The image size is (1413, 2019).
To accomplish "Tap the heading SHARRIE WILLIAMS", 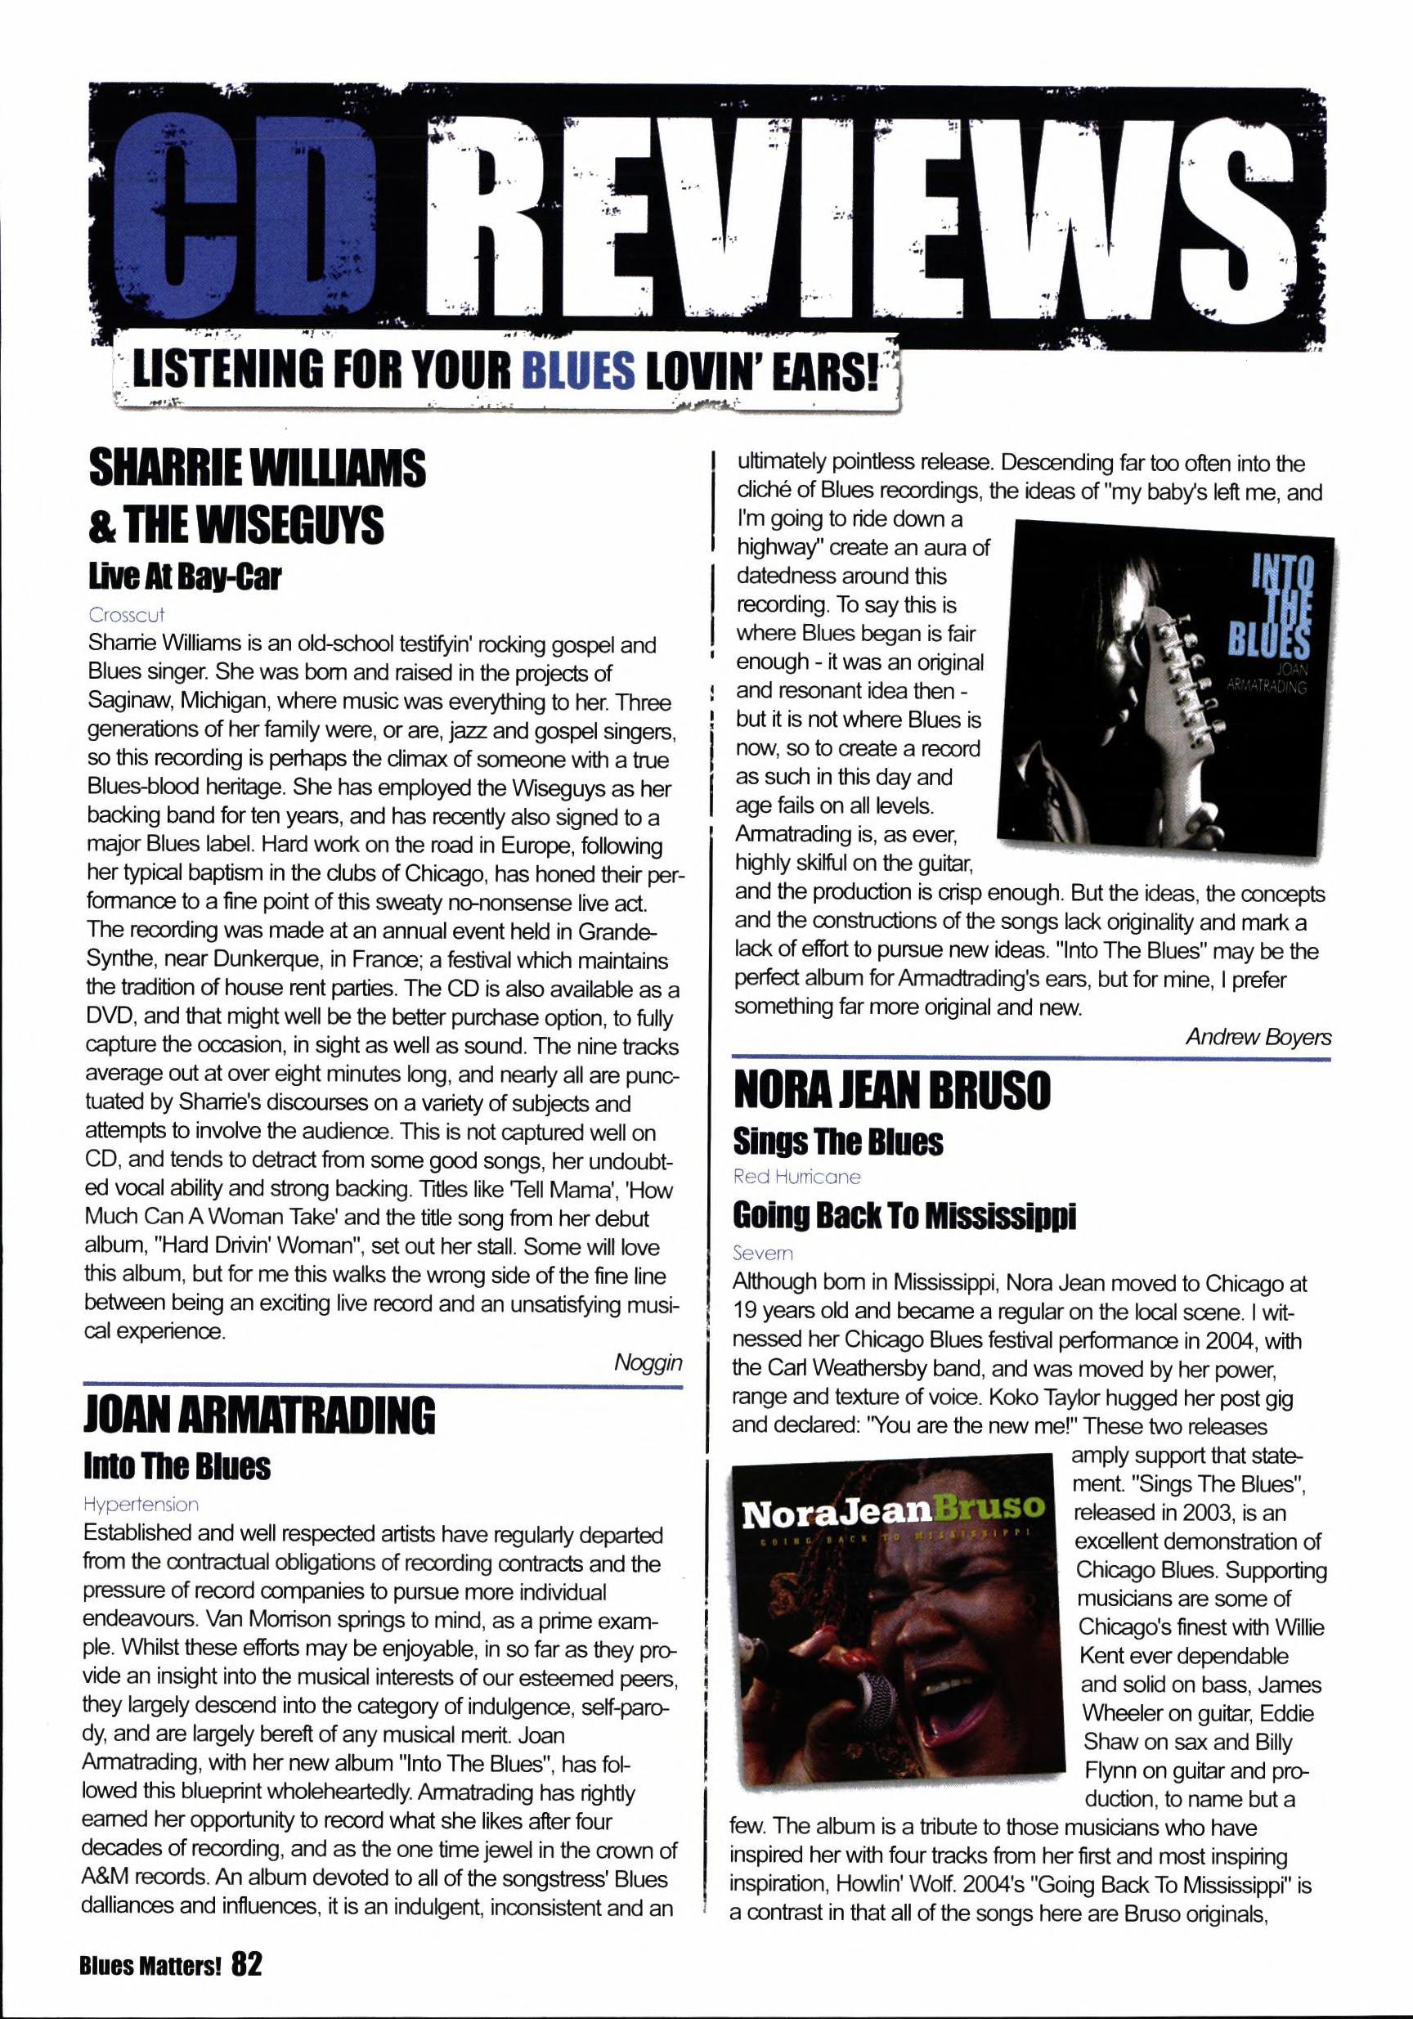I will [x=258, y=468].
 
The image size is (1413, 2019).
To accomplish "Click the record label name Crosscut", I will [x=127, y=615].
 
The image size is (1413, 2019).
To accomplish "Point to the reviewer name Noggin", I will [x=648, y=1362].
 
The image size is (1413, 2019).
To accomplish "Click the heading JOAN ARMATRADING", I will [x=258, y=1416].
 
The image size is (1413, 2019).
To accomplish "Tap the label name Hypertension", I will [x=141, y=1505].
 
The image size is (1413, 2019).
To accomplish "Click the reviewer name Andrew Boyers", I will [x=1258, y=1037].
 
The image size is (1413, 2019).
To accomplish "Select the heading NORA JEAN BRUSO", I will [x=891, y=1093].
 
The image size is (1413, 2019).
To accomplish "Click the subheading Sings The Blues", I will [x=838, y=1142].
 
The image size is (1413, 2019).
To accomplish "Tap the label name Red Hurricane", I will [x=796, y=1177].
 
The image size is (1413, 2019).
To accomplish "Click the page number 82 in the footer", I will [x=247, y=1981].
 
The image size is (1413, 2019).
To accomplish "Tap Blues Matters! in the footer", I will [x=150, y=1983].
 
